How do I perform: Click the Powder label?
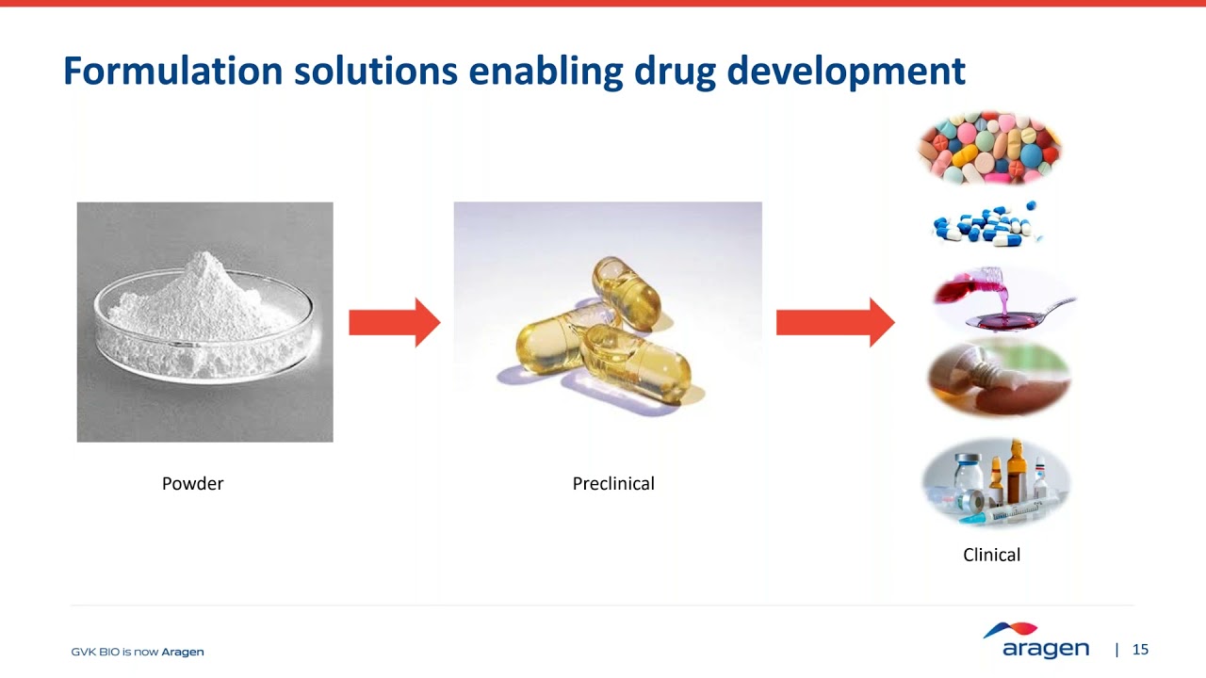coord(192,483)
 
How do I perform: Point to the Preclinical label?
coord(613,483)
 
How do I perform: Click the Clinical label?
coord(991,555)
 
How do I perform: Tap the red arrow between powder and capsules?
coord(394,323)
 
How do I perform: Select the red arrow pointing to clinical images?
coord(834,323)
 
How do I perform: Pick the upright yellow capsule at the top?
coord(627,292)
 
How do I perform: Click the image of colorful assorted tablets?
coord(989,148)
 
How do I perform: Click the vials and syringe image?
coord(997,483)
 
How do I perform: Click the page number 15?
coord(1140,650)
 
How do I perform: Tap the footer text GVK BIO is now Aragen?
coord(138,652)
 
